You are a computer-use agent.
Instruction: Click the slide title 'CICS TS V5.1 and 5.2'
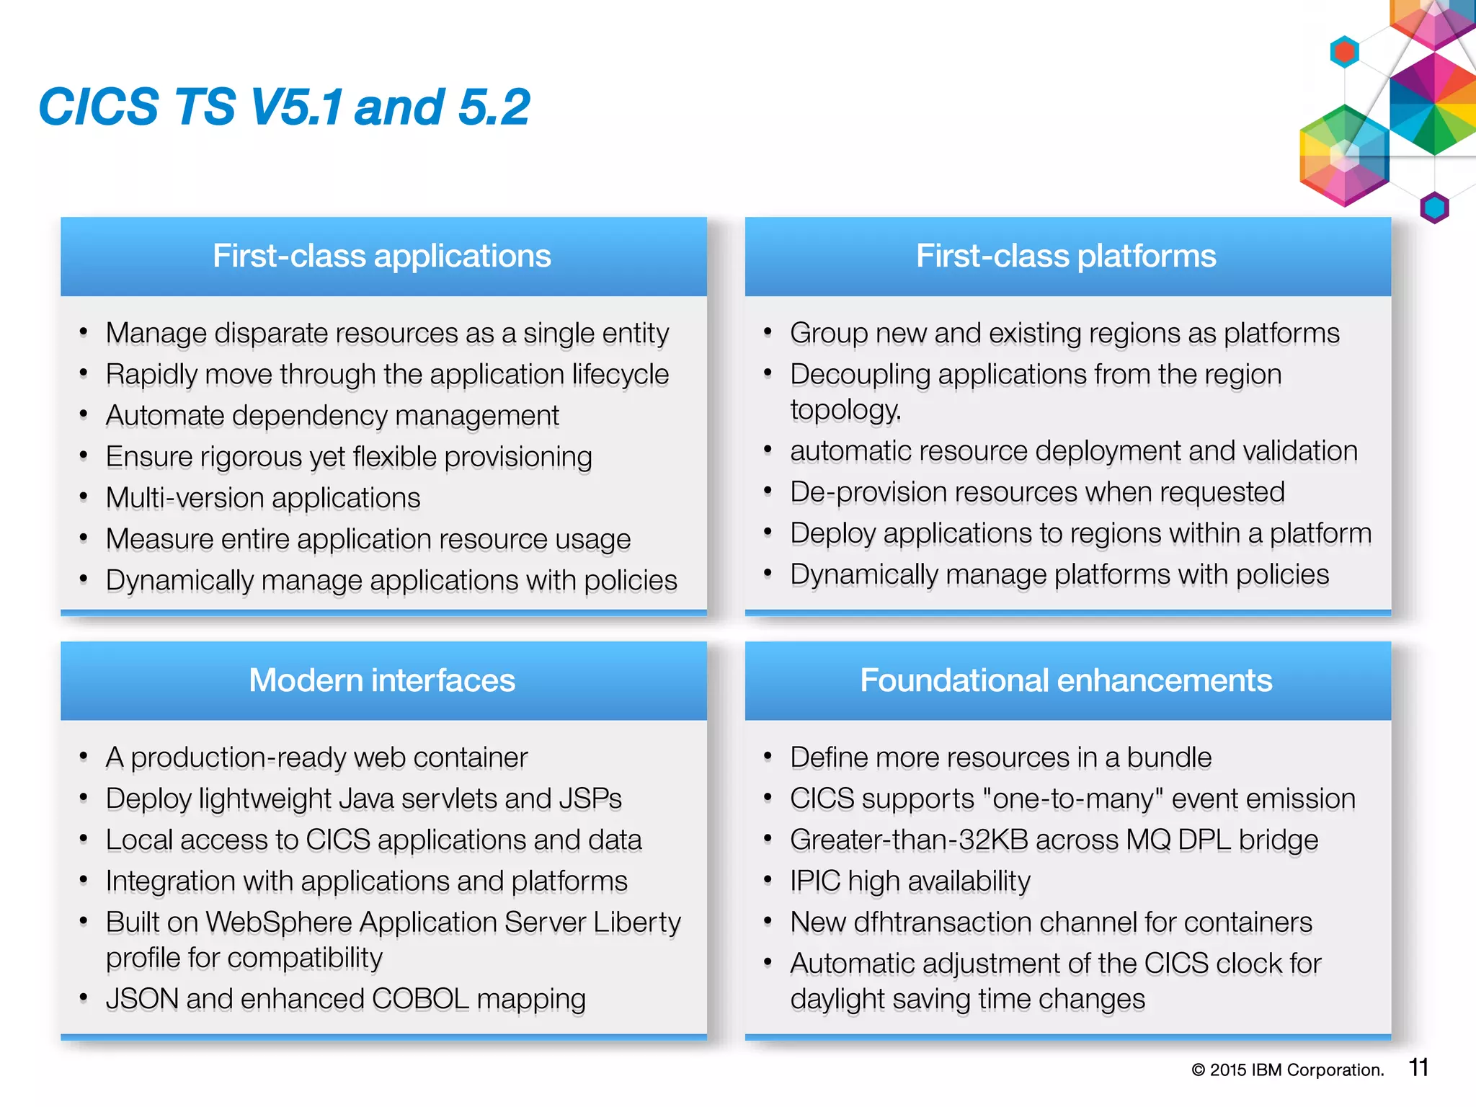[284, 107]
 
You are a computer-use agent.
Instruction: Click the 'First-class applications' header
[382, 256]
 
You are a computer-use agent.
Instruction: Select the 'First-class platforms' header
[1066, 256]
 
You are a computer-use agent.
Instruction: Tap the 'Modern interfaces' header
[382, 680]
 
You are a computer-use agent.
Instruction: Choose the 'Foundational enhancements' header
[1066, 680]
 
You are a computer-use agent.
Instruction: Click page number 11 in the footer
[1418, 1067]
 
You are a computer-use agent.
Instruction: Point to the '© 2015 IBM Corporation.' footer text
[1288, 1070]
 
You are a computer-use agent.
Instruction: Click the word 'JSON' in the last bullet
[142, 1000]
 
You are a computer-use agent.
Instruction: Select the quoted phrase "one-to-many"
[1072, 799]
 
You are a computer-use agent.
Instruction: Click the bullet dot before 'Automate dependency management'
[84, 414]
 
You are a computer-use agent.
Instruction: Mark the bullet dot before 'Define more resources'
[768, 756]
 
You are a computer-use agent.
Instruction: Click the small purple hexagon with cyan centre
[1434, 208]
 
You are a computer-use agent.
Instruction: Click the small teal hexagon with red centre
[1344, 52]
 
